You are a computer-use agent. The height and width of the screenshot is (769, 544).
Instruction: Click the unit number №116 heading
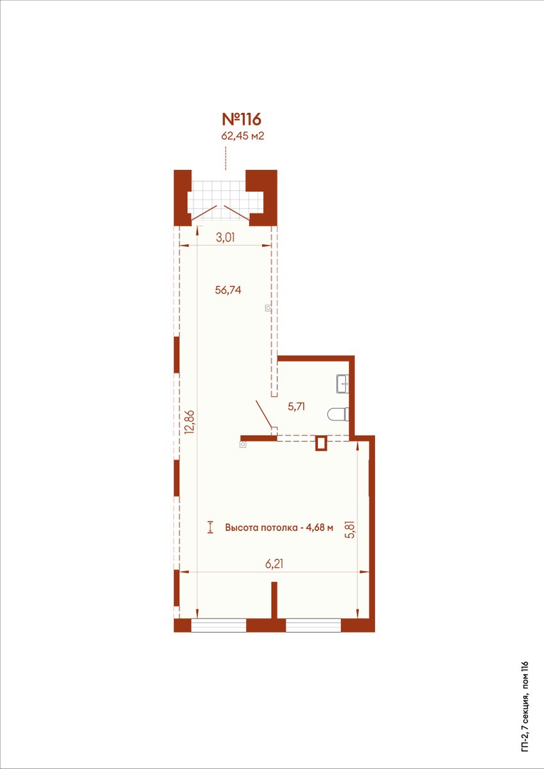[x=242, y=119]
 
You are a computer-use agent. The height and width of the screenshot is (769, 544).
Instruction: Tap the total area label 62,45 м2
[x=242, y=136]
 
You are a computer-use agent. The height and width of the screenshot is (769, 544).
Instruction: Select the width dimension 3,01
[x=226, y=238]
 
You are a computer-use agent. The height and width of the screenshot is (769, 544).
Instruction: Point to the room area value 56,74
[x=228, y=290]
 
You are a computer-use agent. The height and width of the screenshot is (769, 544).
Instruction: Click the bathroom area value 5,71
[x=297, y=407]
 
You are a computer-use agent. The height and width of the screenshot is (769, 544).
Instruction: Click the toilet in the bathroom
[x=338, y=414]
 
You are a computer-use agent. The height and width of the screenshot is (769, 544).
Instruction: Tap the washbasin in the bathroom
[x=343, y=383]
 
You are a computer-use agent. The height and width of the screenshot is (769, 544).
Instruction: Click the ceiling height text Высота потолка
[x=261, y=527]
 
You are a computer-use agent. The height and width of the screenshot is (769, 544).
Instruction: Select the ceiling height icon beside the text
[x=210, y=527]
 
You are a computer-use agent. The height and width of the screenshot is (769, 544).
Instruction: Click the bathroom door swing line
[x=264, y=413]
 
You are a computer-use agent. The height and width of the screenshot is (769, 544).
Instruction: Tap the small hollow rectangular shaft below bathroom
[x=322, y=443]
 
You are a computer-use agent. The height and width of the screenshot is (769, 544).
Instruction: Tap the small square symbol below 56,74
[x=268, y=308]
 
